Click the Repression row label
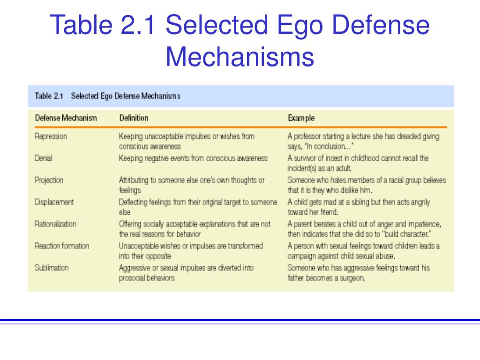(51, 136)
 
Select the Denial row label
(43, 158)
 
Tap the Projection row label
(49, 180)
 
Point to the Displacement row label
(54, 202)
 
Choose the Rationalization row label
(55, 224)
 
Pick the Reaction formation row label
(61, 246)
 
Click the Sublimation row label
(52, 268)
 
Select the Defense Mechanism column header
(66, 118)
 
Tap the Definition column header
(134, 118)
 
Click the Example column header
(301, 118)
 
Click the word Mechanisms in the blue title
(240, 56)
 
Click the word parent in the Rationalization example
(303, 225)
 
